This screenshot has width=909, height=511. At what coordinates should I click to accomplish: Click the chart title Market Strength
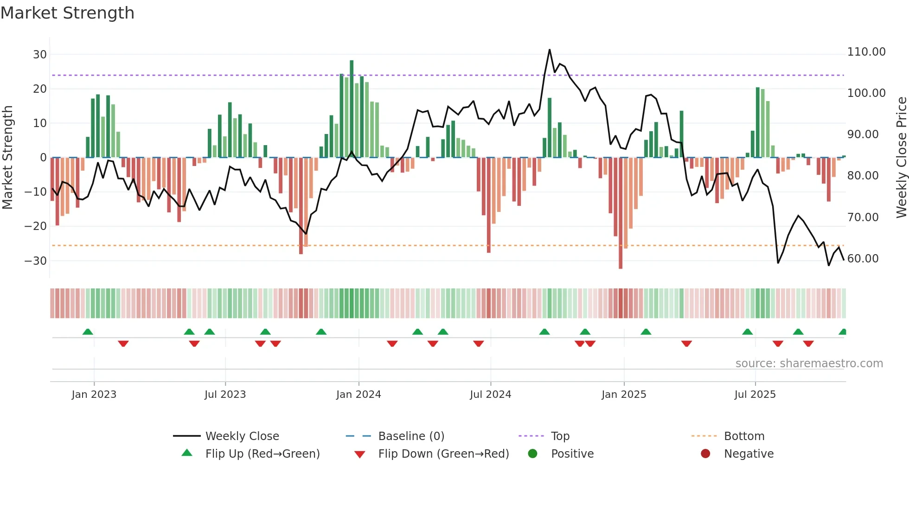(x=67, y=13)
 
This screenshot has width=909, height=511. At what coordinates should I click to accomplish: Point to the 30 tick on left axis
(x=40, y=55)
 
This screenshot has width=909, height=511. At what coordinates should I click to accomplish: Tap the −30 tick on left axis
(x=36, y=261)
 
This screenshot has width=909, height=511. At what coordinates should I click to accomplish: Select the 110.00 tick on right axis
(x=866, y=52)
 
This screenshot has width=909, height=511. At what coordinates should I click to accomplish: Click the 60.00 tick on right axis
(x=863, y=259)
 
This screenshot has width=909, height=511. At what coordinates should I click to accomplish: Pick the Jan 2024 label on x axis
(x=358, y=395)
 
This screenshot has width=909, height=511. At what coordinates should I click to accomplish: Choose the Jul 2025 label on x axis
(x=755, y=395)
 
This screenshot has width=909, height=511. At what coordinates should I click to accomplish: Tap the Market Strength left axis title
(x=8, y=158)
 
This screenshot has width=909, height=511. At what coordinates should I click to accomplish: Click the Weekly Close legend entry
(x=242, y=436)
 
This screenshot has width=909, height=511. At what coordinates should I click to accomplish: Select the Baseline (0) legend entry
(x=411, y=436)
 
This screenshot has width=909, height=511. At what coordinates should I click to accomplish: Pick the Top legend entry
(x=560, y=436)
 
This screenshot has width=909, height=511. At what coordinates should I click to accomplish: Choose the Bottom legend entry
(x=744, y=436)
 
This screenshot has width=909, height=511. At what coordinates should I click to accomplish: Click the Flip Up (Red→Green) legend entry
(x=262, y=454)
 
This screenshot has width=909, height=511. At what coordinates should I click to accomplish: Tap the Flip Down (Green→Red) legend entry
(x=443, y=454)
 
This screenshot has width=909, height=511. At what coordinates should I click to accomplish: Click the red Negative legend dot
(x=705, y=454)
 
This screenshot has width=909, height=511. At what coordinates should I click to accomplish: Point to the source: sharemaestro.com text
(x=809, y=364)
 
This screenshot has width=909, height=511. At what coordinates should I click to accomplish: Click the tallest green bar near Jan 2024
(x=352, y=109)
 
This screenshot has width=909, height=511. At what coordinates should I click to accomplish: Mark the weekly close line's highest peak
(x=550, y=50)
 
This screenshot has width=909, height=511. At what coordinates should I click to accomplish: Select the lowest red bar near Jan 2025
(x=621, y=213)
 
